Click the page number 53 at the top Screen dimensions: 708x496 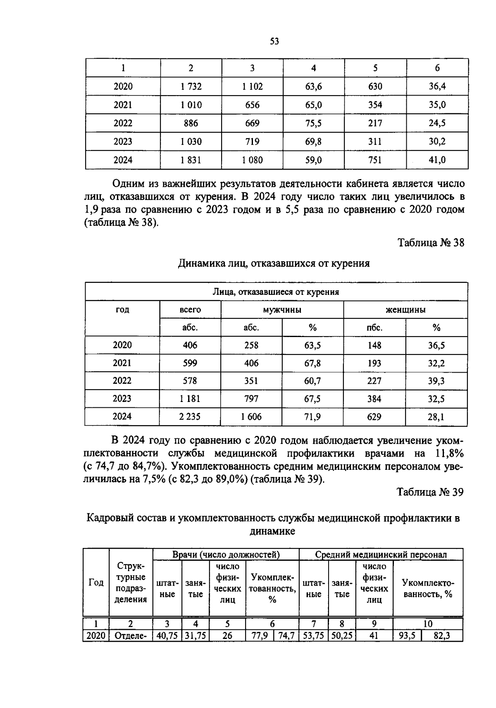[x=274, y=41]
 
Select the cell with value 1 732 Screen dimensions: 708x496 [x=191, y=86]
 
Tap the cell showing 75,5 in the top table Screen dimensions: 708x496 [x=313, y=123]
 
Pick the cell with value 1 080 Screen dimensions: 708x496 [x=252, y=160]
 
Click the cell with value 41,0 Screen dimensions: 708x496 [x=437, y=160]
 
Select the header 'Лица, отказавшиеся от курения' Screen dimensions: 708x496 [x=276, y=292]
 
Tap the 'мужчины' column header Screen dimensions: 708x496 [x=282, y=310]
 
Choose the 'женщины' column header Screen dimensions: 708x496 [x=405, y=310]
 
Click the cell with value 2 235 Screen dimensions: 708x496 [x=190, y=417]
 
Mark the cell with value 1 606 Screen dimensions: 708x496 [x=251, y=417]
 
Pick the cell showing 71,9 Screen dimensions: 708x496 [x=312, y=417]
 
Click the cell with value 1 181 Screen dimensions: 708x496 [x=190, y=399]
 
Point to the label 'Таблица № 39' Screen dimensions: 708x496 [x=430, y=492]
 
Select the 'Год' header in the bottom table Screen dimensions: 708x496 [x=96, y=583]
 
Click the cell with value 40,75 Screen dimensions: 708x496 [x=167, y=636]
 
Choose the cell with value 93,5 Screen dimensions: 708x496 [x=407, y=636]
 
